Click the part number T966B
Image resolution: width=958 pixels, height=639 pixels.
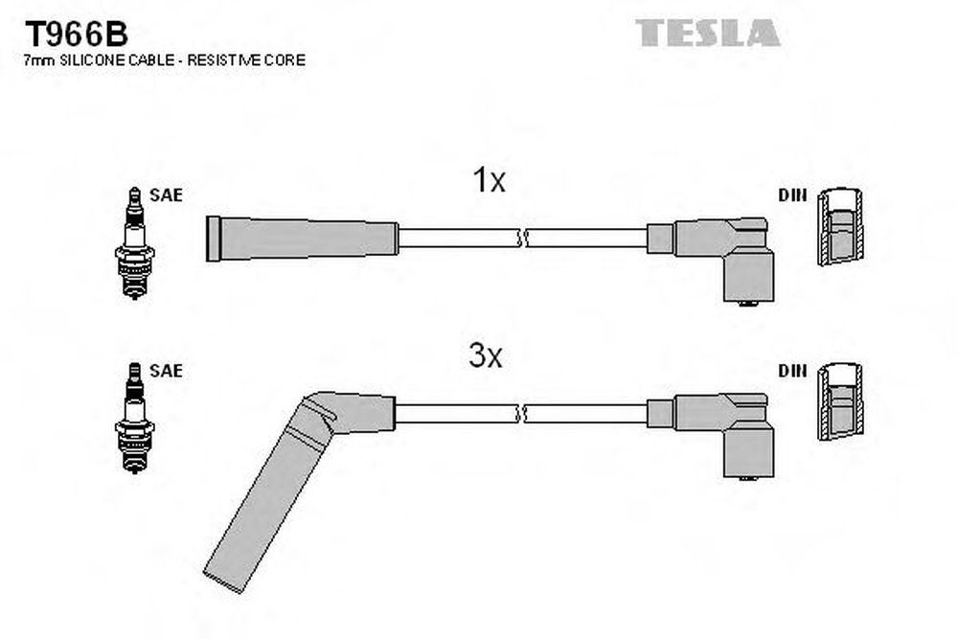(76, 34)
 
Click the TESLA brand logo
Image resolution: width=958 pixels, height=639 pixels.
(708, 33)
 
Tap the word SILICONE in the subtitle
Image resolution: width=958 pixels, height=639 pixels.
(108, 59)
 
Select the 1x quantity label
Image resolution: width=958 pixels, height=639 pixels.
(489, 180)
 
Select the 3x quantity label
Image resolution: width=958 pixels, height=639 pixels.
(486, 355)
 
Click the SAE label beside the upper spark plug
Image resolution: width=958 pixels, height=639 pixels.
(166, 194)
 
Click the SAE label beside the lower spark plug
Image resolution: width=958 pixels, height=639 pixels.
(166, 370)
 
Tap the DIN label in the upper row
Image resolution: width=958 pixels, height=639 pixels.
(792, 194)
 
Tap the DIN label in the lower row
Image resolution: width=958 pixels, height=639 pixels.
(792, 370)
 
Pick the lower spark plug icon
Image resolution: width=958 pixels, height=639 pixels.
(134, 418)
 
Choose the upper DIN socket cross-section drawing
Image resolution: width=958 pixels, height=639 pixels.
(841, 227)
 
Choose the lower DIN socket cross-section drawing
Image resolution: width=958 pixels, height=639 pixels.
(841, 402)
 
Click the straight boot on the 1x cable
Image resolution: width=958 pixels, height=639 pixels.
(303, 239)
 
